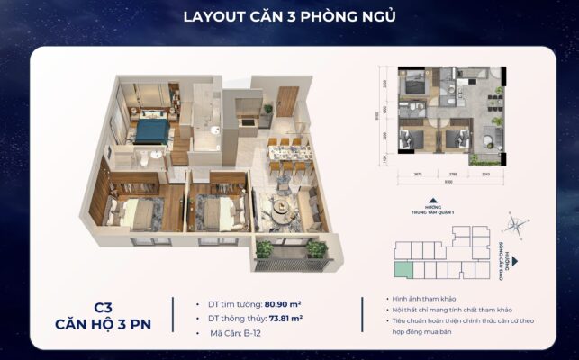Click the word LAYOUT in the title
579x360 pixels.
point(212,17)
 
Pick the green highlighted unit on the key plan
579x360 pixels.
point(401,269)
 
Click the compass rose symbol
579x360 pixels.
point(515,224)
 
